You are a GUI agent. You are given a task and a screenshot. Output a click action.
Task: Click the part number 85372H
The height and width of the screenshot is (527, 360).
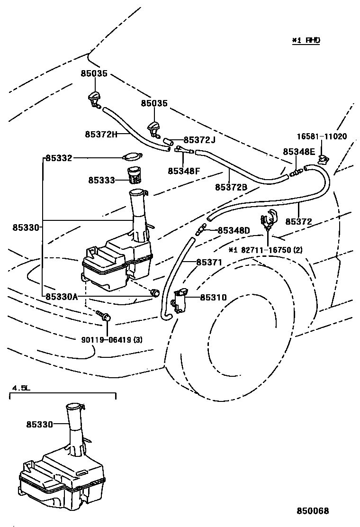101,134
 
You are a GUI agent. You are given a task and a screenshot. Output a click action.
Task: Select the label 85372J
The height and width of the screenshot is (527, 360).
199,140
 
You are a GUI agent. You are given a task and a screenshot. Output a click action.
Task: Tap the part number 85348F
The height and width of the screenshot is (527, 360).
183,171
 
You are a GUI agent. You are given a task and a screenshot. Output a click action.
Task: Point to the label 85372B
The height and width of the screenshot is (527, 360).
231,187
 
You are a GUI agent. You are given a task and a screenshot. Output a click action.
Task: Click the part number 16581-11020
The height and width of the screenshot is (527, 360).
322,136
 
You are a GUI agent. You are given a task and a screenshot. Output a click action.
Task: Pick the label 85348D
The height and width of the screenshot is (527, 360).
234,231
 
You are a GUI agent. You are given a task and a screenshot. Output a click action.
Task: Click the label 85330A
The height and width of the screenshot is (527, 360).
62,297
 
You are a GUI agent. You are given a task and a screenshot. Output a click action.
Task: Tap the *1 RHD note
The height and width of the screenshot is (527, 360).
306,40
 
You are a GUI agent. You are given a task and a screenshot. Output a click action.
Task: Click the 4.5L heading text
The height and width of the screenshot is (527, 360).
20,388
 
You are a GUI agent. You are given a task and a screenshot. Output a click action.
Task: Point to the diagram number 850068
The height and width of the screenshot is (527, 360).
313,511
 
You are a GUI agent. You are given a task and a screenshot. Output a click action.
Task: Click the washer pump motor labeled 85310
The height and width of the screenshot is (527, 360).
180,300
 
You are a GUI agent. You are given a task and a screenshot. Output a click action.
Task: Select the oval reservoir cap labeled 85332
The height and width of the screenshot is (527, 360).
132,157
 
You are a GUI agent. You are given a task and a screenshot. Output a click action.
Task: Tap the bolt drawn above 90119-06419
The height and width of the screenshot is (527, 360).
104,316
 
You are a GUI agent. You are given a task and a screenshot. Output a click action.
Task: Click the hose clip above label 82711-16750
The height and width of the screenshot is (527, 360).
269,218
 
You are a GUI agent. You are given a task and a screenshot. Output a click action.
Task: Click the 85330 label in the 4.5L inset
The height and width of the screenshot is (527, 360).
40,425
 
